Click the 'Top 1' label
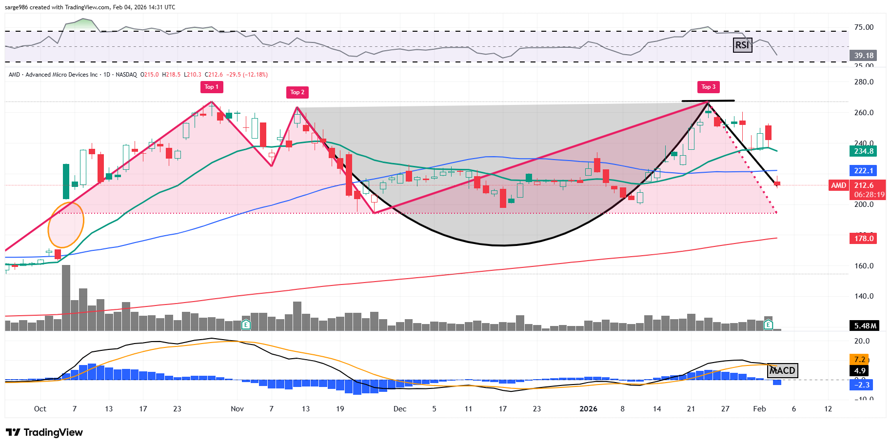[211, 87]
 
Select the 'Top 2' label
[297, 92]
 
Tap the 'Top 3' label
[708, 87]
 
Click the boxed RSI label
[742, 45]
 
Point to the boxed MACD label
[782, 370]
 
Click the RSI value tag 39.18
[864, 56]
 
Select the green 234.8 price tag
[863, 151]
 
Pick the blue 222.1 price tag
[863, 170]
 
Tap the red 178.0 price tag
[863, 238]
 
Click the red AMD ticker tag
[838, 185]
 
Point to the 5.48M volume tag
[865, 325]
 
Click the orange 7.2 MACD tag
[859, 360]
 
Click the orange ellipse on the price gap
[66, 225]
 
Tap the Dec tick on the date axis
[399, 409]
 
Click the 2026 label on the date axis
[588, 409]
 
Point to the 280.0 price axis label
[864, 82]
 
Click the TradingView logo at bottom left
[44, 432]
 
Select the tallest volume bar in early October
[66, 298]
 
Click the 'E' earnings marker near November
[246, 325]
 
